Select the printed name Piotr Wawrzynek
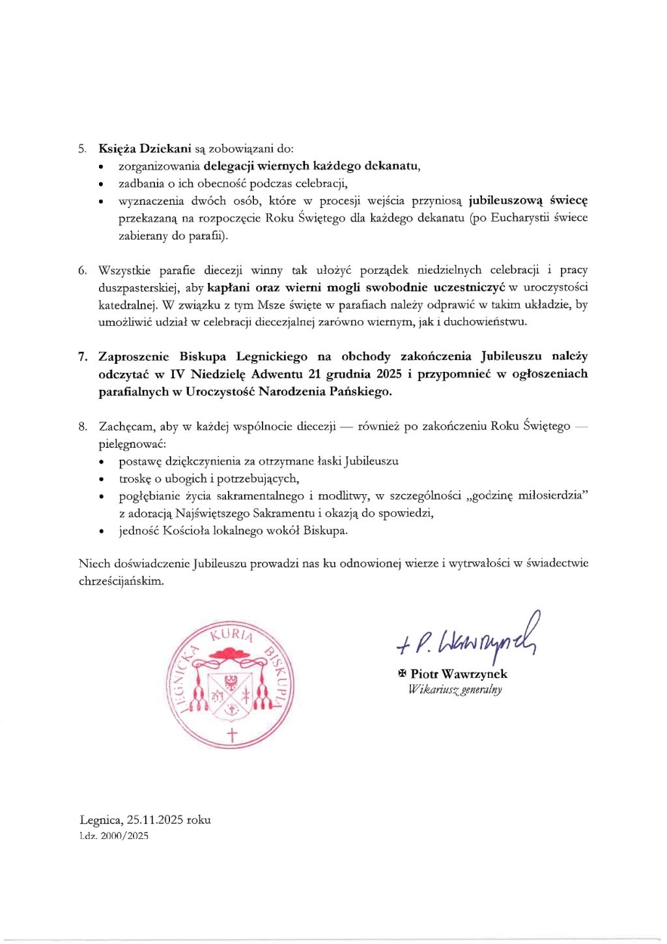pos(459,674)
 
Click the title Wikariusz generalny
pos(455,690)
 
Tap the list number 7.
pos(83,357)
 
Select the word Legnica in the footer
pos(100,820)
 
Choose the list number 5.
pos(83,148)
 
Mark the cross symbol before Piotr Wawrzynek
pos(402,674)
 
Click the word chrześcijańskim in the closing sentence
pos(121,580)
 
